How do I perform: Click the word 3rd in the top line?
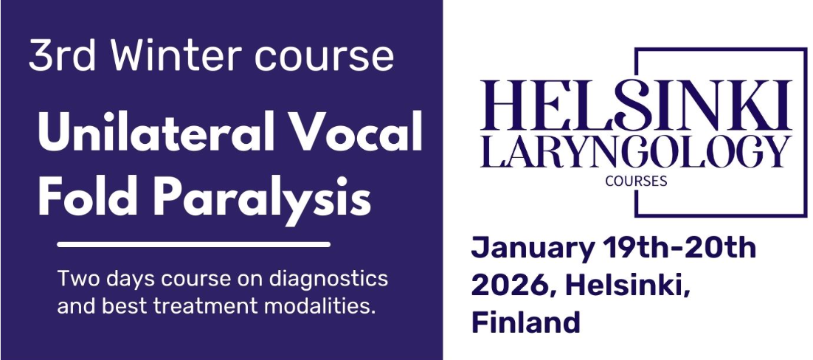(62, 55)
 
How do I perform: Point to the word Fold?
(88, 198)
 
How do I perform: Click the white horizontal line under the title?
(193, 244)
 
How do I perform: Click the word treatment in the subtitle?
(207, 307)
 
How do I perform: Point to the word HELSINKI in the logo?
(636, 106)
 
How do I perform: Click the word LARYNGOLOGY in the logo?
(636, 152)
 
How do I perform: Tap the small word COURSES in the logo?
(636, 181)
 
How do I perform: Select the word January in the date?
(533, 249)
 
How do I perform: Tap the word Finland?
(525, 322)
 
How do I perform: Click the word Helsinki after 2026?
(628, 285)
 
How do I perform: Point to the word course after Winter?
(324, 57)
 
